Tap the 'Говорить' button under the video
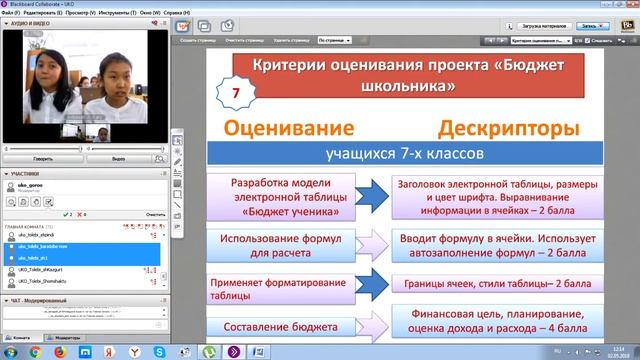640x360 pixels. [42, 158]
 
